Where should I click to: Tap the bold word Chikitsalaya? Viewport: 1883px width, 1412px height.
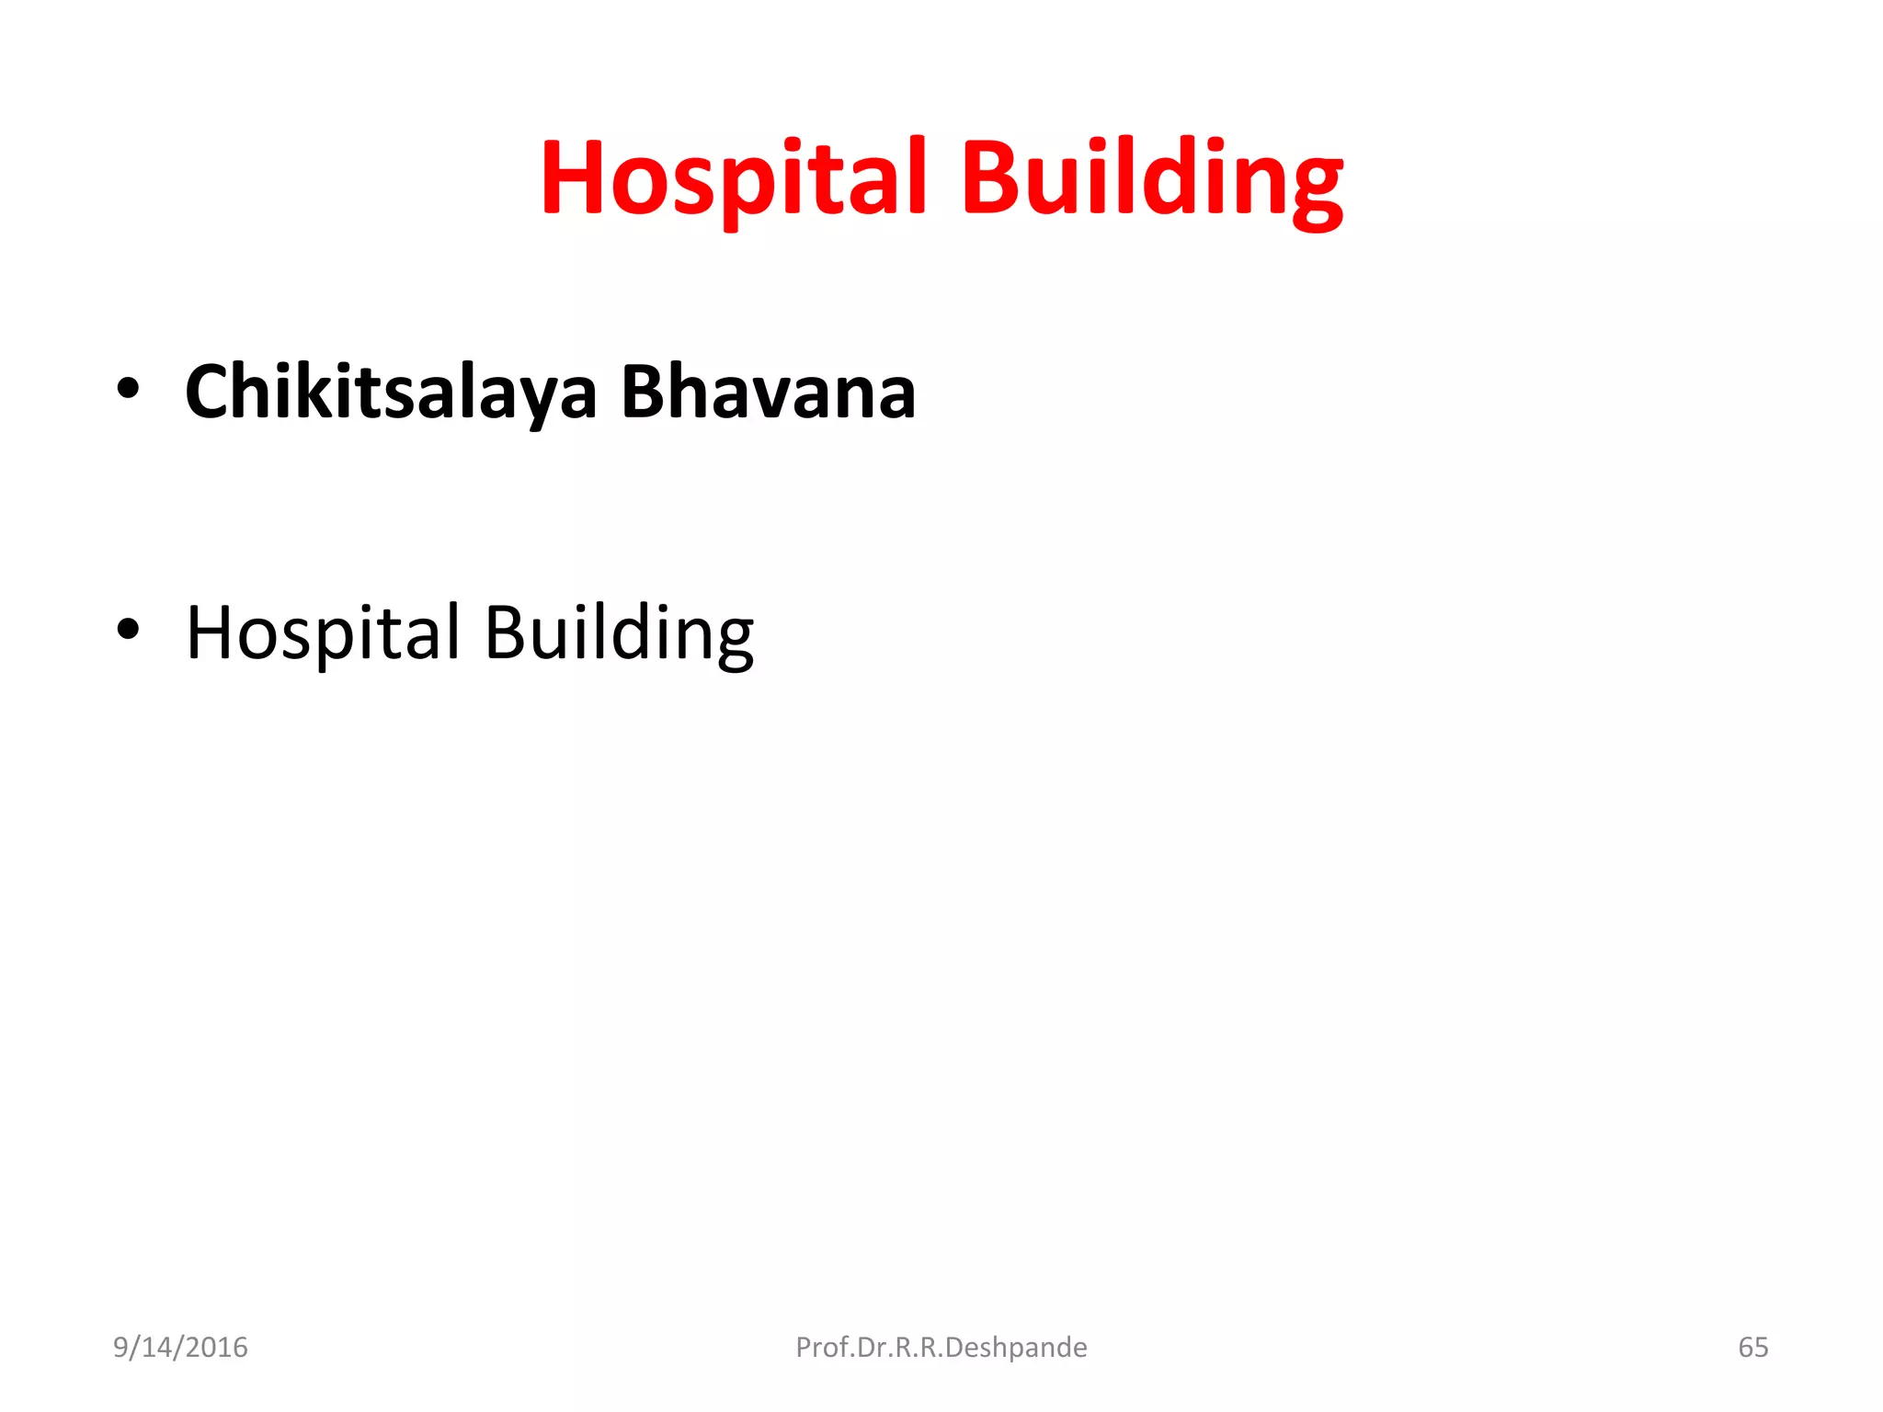click(392, 393)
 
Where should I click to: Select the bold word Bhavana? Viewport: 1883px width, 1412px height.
click(768, 393)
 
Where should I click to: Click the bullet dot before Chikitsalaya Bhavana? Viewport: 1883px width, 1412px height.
click(128, 389)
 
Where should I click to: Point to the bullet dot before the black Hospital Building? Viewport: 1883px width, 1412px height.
click(128, 630)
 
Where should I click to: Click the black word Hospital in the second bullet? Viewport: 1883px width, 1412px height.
click(323, 633)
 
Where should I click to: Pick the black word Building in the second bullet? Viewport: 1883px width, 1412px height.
click(618, 633)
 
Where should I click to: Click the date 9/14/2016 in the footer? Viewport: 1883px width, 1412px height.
click(180, 1347)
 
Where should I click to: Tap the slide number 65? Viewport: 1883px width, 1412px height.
click(1752, 1347)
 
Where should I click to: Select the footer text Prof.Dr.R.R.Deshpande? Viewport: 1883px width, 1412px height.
click(941, 1347)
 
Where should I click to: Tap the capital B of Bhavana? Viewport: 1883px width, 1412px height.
click(644, 393)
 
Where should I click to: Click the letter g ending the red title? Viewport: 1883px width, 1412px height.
click(1315, 188)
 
